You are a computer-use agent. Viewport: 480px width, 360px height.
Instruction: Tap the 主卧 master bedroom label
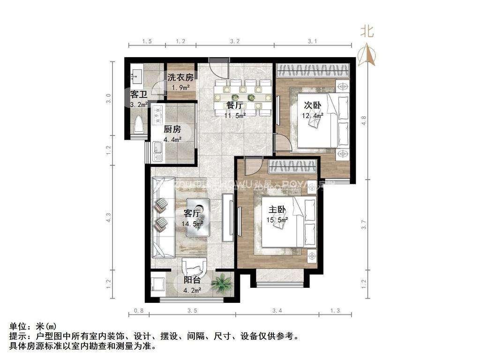[277, 210]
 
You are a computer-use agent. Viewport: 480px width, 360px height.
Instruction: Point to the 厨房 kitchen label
[172, 129]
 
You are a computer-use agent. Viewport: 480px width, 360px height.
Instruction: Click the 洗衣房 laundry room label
[180, 77]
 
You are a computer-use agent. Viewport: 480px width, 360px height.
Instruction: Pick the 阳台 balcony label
[192, 281]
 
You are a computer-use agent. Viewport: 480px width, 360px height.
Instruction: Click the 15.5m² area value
[277, 219]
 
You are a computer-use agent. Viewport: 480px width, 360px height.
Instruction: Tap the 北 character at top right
[367, 31]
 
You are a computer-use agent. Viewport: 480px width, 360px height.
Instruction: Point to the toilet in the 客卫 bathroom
[138, 126]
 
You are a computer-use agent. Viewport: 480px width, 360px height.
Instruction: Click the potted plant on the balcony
[221, 283]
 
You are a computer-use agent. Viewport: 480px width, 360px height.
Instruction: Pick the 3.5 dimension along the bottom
[192, 310]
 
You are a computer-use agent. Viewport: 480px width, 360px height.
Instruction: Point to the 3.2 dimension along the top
[235, 41]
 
